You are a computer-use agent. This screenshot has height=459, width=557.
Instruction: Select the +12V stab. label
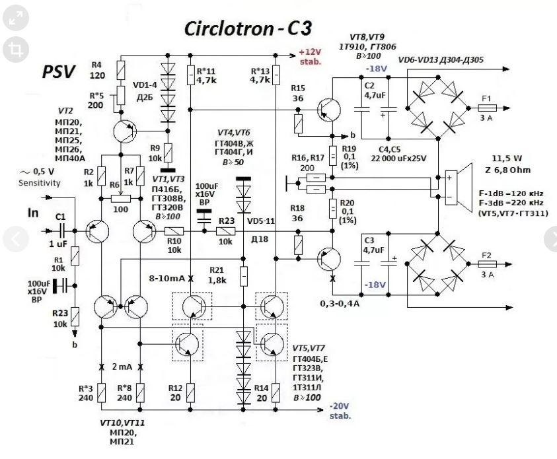click(x=310, y=56)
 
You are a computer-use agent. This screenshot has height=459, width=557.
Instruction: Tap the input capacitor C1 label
click(x=60, y=217)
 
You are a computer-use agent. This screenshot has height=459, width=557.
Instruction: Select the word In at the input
click(x=33, y=213)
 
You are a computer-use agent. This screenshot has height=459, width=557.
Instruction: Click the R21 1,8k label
click(x=217, y=275)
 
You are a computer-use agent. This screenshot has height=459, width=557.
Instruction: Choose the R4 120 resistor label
click(x=97, y=70)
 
